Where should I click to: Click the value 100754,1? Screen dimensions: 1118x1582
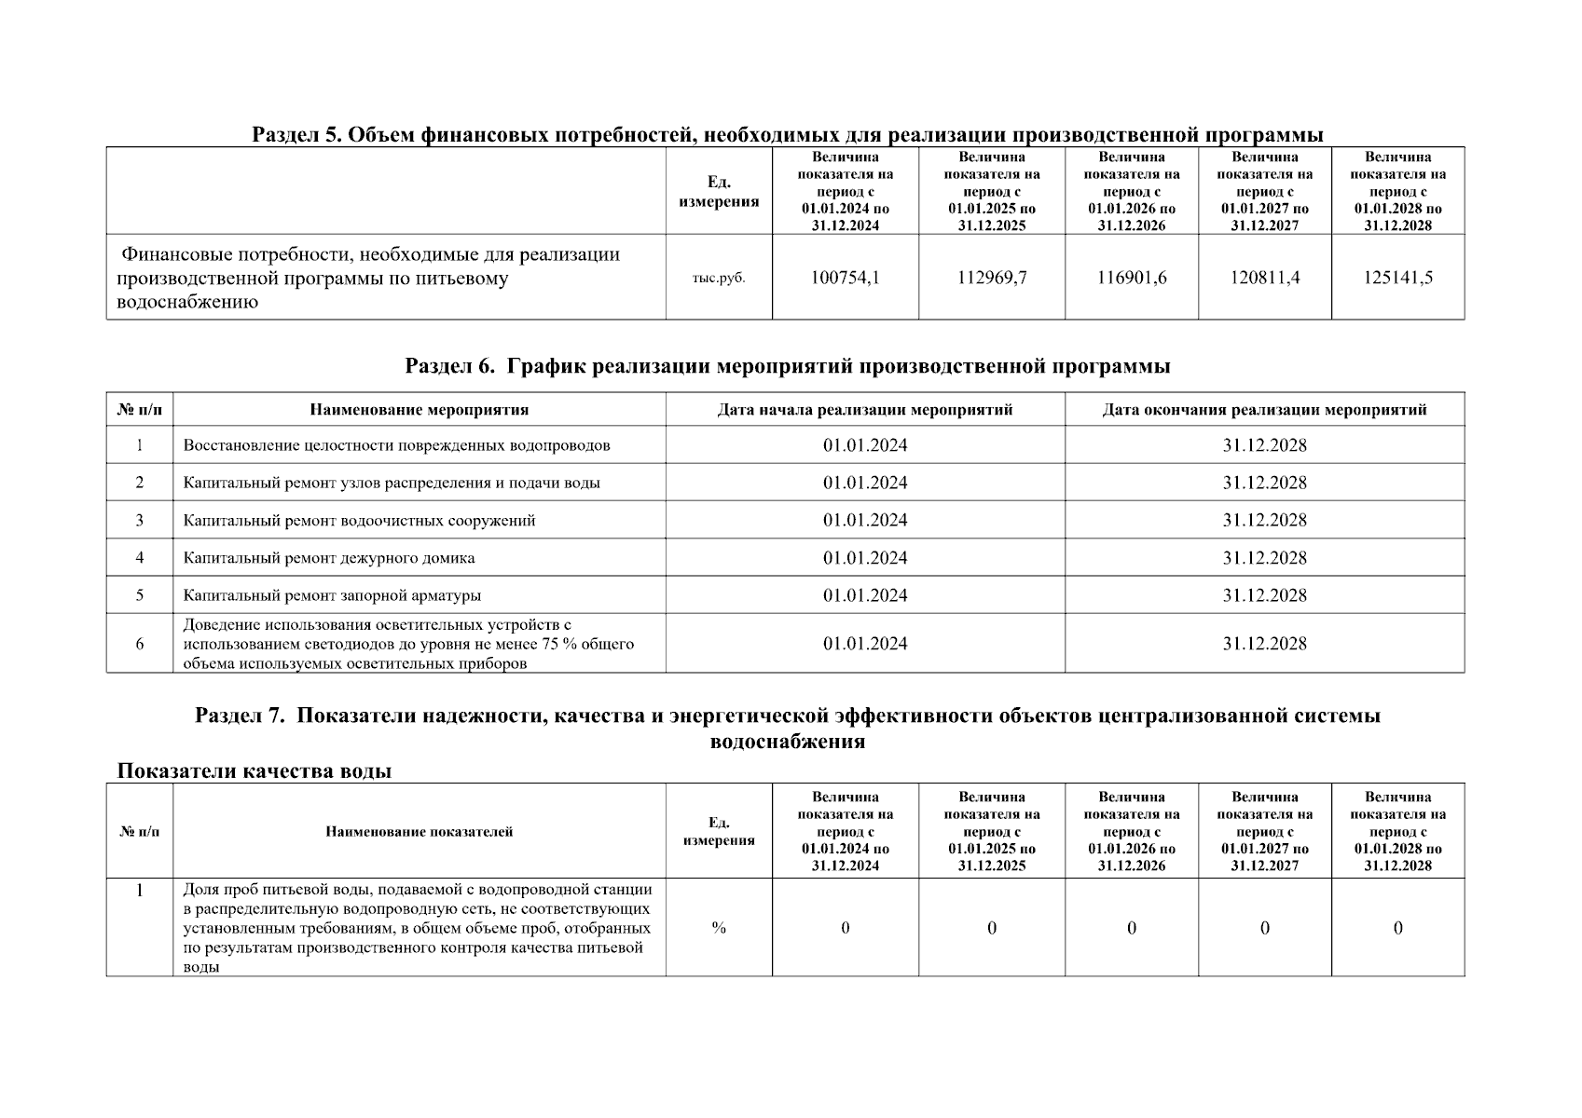[845, 278]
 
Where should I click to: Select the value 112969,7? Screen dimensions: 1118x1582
[992, 278]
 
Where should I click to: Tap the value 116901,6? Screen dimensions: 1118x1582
[1132, 278]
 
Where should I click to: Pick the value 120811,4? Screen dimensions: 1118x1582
[1264, 278]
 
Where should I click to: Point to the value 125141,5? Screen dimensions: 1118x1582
[1397, 278]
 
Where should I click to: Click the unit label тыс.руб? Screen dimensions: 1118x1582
[719, 278]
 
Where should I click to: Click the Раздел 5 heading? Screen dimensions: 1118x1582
[788, 135]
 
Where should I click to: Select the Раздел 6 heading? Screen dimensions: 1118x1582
[788, 366]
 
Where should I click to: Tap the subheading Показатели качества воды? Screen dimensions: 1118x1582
[254, 771]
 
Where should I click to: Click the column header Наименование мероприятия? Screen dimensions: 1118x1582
[420, 410]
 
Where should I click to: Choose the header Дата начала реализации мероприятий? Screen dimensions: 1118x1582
[864, 410]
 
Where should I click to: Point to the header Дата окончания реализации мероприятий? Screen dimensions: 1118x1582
[1264, 410]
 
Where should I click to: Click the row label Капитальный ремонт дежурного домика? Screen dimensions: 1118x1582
[329, 558]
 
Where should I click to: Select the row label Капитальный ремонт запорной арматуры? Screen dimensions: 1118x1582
[332, 595]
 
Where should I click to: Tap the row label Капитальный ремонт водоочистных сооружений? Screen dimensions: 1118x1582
[359, 521]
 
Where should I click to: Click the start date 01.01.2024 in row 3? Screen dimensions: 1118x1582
[864, 521]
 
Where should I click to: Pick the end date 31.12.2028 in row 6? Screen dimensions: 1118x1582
[1264, 644]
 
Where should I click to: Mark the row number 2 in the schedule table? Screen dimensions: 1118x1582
[140, 483]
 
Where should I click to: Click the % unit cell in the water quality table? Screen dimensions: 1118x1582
[719, 928]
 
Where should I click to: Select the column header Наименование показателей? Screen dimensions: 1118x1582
[420, 832]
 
